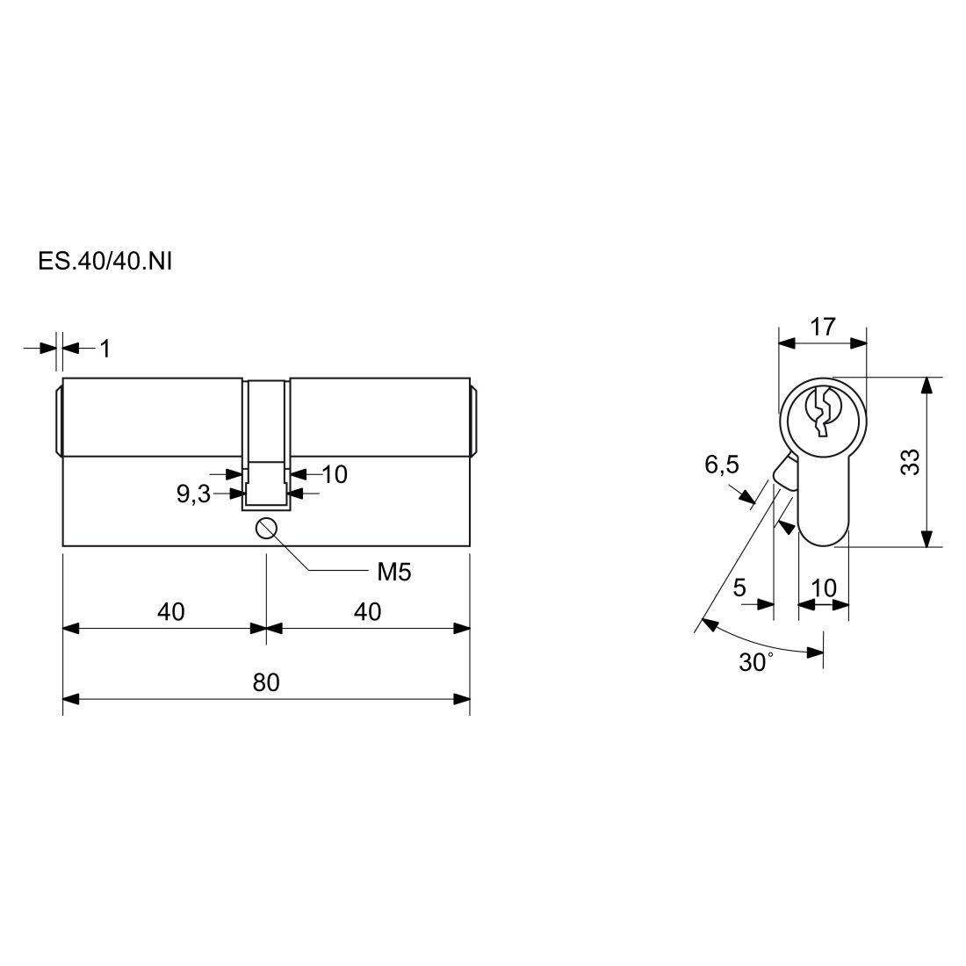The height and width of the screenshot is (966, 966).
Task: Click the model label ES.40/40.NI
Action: (x=105, y=261)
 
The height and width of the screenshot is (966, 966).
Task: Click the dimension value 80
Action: (x=266, y=682)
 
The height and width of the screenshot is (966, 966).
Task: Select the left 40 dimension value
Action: (x=170, y=612)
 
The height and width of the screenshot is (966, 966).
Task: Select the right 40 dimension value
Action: (x=367, y=612)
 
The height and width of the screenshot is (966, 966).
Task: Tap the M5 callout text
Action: (x=393, y=573)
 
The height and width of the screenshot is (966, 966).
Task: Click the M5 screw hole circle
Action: (x=266, y=528)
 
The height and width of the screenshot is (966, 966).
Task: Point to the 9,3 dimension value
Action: (x=193, y=494)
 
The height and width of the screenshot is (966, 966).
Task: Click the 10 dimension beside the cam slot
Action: (x=335, y=474)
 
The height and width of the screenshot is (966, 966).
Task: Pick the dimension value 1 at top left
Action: (x=105, y=349)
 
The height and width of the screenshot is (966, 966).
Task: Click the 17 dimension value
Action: (x=823, y=327)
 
